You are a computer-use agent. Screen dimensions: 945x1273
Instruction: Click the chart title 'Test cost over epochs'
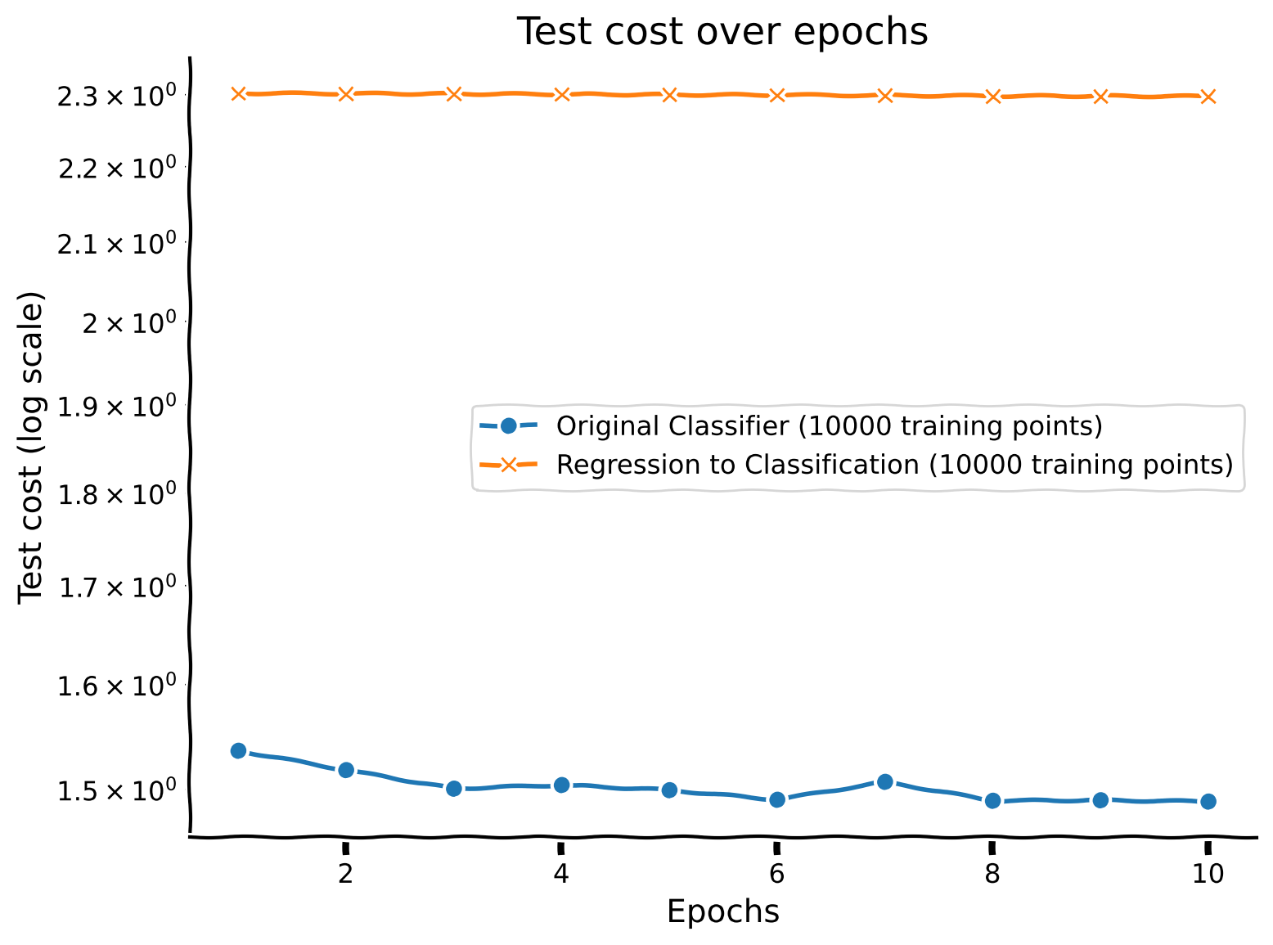(722, 33)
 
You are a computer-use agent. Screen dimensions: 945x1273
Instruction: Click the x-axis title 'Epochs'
(722, 911)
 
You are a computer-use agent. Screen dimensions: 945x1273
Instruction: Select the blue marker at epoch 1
(239, 751)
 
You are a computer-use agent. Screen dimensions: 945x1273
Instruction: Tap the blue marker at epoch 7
(884, 782)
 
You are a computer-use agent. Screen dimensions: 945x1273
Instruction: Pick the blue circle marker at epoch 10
(1208, 802)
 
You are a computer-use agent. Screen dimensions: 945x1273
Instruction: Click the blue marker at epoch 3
(454, 789)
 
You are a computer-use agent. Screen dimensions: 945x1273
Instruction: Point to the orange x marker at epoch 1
(239, 94)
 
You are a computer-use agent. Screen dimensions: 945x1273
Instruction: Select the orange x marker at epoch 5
(669, 95)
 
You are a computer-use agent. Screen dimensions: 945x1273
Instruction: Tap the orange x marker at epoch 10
(1208, 97)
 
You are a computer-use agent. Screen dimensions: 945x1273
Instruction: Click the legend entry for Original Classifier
(829, 426)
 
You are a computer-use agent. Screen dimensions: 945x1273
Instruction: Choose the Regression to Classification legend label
(893, 465)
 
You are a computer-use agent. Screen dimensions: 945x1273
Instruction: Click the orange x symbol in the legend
(508, 465)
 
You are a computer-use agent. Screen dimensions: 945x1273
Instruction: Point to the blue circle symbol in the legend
(508, 426)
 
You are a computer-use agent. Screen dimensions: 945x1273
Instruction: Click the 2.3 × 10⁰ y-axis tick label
(115, 97)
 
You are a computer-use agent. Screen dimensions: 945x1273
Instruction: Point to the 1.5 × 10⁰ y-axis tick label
(115, 790)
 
